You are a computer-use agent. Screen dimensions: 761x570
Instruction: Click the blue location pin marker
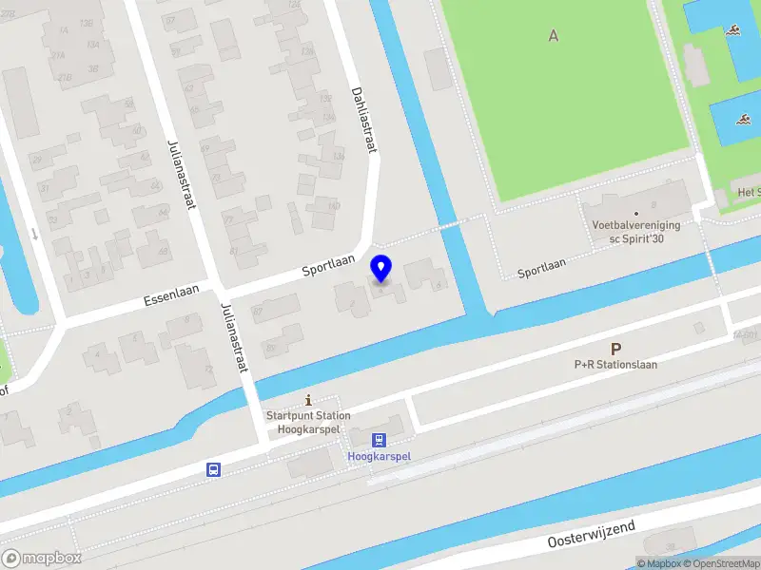[x=381, y=269]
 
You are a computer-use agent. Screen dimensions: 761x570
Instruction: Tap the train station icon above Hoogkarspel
[x=380, y=440]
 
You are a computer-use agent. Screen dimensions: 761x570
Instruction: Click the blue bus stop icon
[x=214, y=469]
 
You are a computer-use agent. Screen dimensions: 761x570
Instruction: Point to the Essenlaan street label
[x=171, y=294]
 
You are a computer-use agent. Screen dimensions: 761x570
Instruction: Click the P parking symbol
[x=615, y=349]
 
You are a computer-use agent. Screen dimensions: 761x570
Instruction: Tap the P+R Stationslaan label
[x=615, y=364]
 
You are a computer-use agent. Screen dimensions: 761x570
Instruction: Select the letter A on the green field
[x=554, y=36]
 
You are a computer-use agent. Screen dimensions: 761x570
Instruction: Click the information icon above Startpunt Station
[x=307, y=401]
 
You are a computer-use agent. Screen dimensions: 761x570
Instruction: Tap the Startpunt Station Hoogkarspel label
[x=307, y=423]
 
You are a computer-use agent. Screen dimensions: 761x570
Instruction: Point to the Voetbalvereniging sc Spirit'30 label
[x=634, y=233]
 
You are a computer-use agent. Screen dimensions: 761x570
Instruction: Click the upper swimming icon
[x=734, y=33]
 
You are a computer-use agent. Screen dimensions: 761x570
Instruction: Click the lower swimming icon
[x=741, y=120]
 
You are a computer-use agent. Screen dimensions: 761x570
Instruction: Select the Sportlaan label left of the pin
[x=328, y=264]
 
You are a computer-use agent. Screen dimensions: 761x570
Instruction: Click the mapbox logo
[x=41, y=558]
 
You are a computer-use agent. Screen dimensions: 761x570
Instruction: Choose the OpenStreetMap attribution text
[x=720, y=563]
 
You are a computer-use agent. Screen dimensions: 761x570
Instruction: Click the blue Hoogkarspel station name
[x=380, y=457]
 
